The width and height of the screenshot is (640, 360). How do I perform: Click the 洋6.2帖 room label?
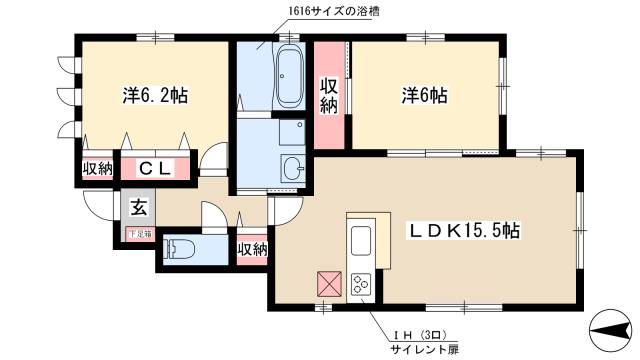click(x=155, y=96)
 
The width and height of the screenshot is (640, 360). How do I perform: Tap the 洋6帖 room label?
click(x=424, y=96)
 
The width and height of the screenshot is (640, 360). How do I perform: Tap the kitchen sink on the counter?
click(x=360, y=241)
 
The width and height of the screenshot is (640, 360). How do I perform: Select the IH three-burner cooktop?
click(x=360, y=285)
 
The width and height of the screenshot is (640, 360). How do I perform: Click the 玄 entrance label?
click(x=138, y=208)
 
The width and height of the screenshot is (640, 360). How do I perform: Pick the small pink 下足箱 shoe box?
click(x=139, y=233)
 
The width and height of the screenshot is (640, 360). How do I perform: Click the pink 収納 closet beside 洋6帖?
click(x=329, y=96)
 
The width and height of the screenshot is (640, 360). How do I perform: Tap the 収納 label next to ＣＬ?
click(x=98, y=169)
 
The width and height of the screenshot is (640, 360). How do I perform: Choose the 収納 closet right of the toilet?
click(x=252, y=249)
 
